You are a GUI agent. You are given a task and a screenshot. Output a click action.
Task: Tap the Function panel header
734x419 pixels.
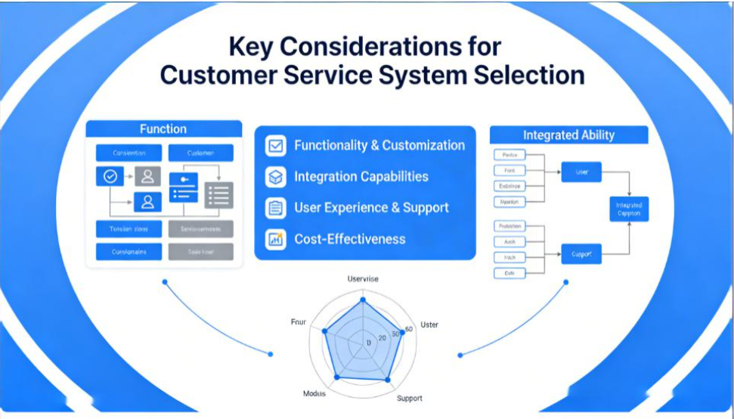[163, 129]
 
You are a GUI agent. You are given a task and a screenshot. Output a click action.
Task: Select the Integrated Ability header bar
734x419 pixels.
[568, 135]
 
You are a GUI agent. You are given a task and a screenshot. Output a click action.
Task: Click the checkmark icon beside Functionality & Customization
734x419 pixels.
[275, 146]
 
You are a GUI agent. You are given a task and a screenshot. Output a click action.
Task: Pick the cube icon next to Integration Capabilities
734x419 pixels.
[275, 177]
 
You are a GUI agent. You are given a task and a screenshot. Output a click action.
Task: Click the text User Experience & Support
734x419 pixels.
[371, 208]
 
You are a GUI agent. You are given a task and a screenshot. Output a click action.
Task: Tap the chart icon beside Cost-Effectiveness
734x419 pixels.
[275, 239]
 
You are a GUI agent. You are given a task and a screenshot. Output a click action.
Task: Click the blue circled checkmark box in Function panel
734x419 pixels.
[110, 176]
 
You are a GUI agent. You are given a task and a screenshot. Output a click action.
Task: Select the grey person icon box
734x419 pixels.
[147, 176]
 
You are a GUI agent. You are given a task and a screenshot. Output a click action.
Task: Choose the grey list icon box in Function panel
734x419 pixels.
[218, 196]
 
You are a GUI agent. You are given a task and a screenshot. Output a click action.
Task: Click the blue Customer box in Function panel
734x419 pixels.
[200, 153]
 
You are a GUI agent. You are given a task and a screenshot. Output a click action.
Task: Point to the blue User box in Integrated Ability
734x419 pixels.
[581, 172]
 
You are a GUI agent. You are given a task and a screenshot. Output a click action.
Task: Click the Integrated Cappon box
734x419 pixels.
[629, 209]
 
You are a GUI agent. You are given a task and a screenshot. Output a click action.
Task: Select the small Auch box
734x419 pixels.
[509, 242]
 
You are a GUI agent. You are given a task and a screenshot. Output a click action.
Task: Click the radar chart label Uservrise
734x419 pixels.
[363, 279]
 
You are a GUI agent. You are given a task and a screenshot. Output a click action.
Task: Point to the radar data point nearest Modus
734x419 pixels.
[338, 376]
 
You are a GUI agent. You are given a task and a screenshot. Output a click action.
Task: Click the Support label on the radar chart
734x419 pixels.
[410, 398]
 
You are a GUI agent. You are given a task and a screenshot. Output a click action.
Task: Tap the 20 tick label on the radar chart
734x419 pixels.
[382, 337]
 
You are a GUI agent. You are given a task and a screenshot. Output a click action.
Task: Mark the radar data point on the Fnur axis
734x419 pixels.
[325, 331]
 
